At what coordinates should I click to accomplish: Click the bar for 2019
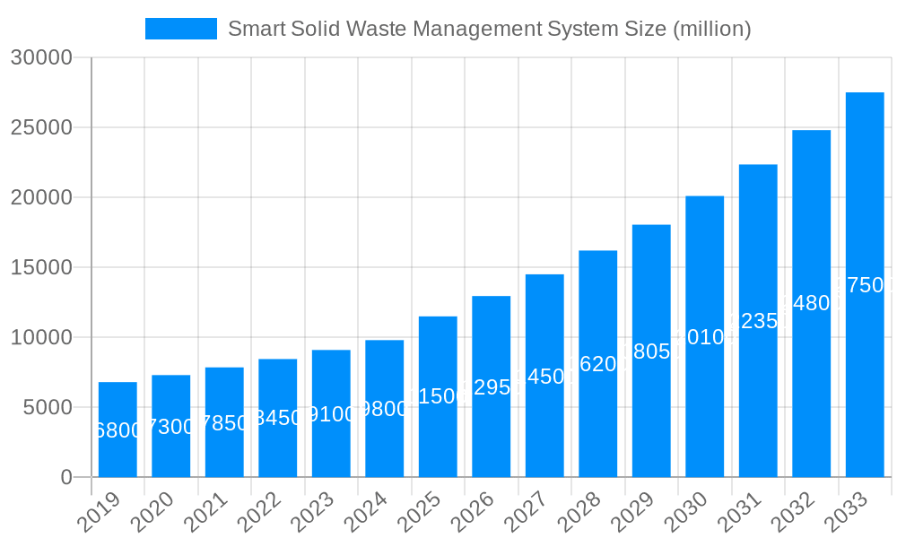point(118,430)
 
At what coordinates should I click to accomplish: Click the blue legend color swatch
point(180,29)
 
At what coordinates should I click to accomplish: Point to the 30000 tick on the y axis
point(40,57)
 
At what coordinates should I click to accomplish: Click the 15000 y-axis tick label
point(40,267)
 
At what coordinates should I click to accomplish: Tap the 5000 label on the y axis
point(47,407)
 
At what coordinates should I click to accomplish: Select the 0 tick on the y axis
point(66,477)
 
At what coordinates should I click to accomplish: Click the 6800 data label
point(118,430)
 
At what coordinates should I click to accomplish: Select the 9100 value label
point(331,414)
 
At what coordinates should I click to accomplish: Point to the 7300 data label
point(170,427)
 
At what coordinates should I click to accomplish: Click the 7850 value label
point(224,423)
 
